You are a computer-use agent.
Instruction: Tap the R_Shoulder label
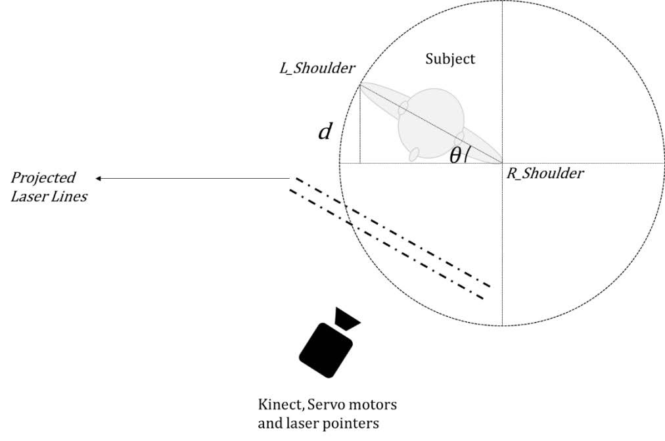click(545, 174)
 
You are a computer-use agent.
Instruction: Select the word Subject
click(450, 58)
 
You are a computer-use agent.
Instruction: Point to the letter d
click(324, 132)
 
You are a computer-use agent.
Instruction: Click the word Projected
click(43, 177)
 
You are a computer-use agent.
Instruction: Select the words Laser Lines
click(49, 196)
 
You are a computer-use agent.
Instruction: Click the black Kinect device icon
click(327, 348)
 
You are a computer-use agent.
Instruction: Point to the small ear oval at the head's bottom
click(415, 154)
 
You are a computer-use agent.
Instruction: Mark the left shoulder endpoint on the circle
click(359, 83)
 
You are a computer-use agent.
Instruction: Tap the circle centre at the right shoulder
click(502, 163)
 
